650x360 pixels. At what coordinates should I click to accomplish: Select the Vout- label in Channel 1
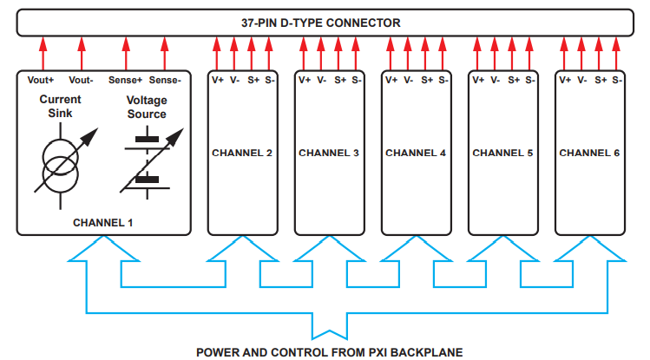click(x=82, y=80)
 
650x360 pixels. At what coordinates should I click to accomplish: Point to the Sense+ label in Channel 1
click(x=125, y=80)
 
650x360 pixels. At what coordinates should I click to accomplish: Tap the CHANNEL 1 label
click(x=103, y=222)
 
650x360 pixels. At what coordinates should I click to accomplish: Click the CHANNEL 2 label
click(x=242, y=154)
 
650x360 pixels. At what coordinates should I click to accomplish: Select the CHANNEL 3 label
click(x=329, y=154)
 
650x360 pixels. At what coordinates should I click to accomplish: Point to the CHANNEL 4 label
click(x=416, y=154)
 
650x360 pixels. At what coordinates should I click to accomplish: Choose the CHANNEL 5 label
click(x=502, y=154)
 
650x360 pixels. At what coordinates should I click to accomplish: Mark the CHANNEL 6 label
click(x=589, y=154)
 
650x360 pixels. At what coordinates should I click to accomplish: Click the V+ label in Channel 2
click(x=218, y=80)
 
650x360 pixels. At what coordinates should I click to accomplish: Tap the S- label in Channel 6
click(x=616, y=80)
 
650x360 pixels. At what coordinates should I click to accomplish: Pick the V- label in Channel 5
click(x=495, y=80)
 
